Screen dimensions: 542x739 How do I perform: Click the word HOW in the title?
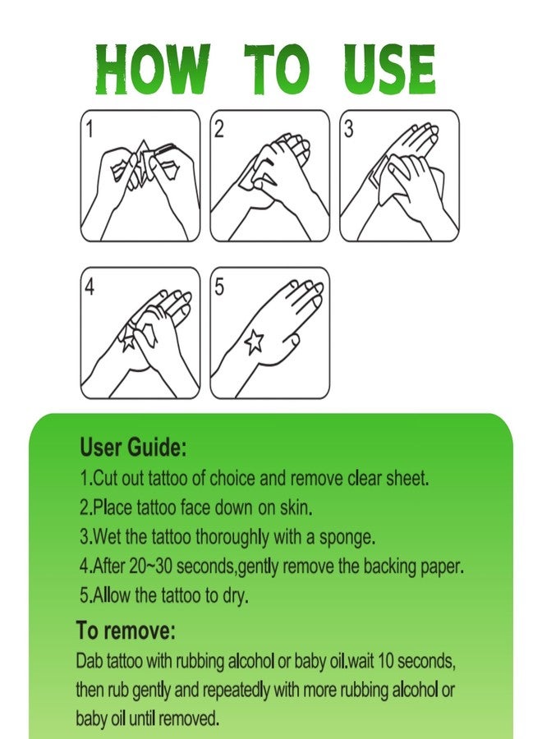[x=152, y=69]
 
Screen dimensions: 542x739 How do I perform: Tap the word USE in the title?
[x=388, y=69]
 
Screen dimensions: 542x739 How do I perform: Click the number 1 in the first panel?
[x=89, y=130]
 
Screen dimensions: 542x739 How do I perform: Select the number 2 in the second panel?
[x=218, y=130]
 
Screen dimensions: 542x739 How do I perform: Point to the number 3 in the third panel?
[x=348, y=130]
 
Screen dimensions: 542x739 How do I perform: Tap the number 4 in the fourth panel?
[x=90, y=287]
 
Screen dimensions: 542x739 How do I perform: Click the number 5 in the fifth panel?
[x=219, y=287]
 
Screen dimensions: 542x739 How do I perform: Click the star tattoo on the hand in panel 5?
[x=255, y=341]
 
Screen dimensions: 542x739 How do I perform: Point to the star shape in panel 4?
[x=129, y=339]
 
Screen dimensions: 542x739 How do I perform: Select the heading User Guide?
[x=133, y=447]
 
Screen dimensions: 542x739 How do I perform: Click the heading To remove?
[x=126, y=630]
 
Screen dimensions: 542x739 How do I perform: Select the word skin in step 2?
[x=295, y=507]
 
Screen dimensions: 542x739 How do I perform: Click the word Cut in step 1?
[x=106, y=479]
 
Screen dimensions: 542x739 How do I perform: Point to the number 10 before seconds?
[x=387, y=661]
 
